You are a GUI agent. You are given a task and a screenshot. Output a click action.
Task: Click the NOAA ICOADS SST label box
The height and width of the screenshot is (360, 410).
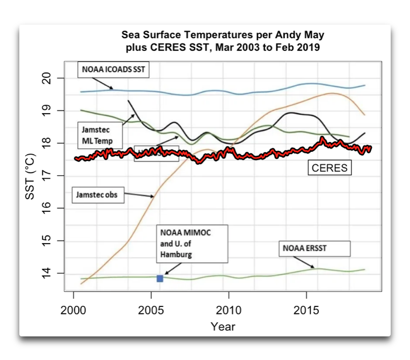click(x=112, y=69)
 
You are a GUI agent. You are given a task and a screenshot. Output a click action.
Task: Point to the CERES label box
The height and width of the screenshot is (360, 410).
click(x=330, y=168)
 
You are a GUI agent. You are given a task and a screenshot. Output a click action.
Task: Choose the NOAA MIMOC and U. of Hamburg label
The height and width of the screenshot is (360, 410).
click(x=192, y=244)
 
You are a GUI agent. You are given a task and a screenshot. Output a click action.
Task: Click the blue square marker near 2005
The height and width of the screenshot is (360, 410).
click(x=160, y=278)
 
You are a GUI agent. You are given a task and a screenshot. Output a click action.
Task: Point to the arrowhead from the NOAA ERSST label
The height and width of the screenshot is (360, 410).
click(x=315, y=267)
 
